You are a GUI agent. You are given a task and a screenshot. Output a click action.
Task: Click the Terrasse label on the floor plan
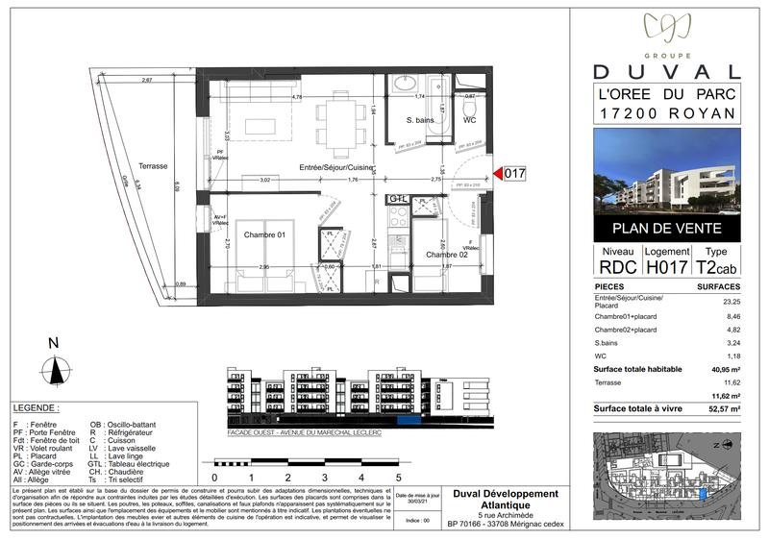click(x=153, y=166)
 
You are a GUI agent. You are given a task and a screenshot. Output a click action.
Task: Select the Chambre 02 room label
click(x=448, y=254)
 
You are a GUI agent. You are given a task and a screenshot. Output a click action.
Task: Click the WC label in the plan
click(x=470, y=121)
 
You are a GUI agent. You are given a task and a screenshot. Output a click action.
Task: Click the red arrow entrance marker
click(x=499, y=174)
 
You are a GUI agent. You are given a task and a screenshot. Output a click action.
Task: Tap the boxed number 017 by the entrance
click(x=516, y=174)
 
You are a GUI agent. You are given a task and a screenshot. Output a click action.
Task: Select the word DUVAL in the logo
click(x=667, y=71)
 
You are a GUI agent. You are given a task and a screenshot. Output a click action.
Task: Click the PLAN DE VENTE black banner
click(x=667, y=229)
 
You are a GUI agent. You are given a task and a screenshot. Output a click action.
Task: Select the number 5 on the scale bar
click(x=397, y=477)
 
